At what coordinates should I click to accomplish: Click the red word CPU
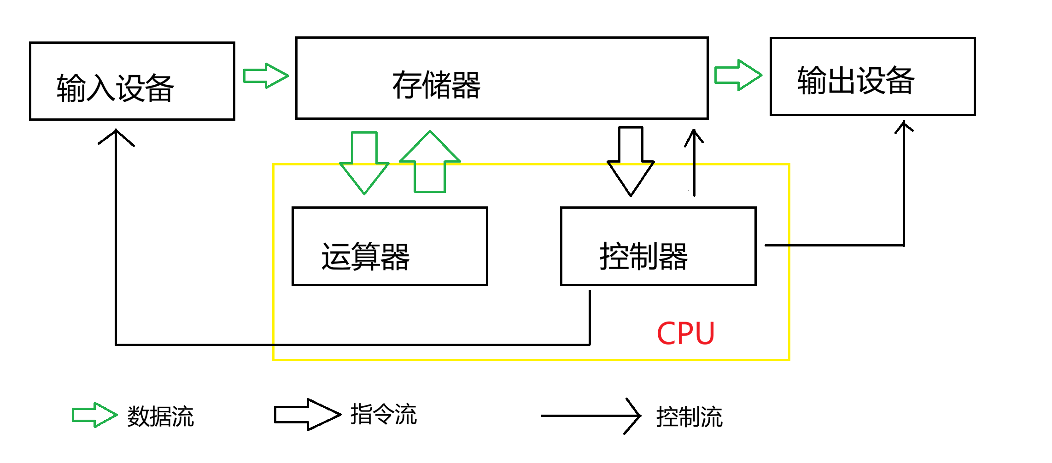pos(685,333)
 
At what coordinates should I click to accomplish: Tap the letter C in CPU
pos(666,333)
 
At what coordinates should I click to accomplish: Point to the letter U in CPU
pos(705,333)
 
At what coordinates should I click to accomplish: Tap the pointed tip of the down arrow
pos(364,193)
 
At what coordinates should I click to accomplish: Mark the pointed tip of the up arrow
pos(430,132)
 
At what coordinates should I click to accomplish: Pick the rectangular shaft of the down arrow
pos(364,147)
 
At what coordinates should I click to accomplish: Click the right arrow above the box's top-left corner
pos(266,76)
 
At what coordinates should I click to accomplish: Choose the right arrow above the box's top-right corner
pos(738,75)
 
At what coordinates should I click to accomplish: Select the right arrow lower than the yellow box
pos(94,415)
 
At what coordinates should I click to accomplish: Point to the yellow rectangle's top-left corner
pos(274,164)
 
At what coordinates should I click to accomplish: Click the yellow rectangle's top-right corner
pos(789,164)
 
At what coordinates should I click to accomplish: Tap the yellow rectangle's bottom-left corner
pos(274,360)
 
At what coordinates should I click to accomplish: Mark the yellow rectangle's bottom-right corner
pos(789,360)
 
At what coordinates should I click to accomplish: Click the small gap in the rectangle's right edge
pos(789,246)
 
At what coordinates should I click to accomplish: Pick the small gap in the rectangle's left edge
pos(274,345)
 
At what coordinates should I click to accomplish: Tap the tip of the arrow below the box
pos(117,415)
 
